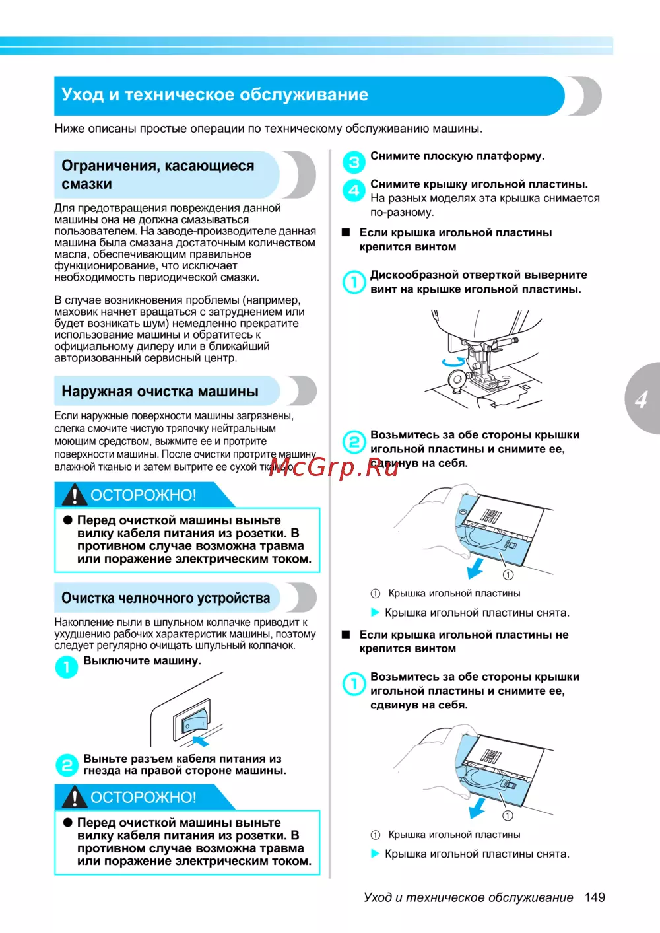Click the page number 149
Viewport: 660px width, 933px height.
(x=595, y=897)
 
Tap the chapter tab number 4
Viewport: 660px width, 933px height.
(x=642, y=399)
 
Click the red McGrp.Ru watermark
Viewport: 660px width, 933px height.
(x=333, y=467)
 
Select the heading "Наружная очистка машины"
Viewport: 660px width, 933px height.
(x=160, y=392)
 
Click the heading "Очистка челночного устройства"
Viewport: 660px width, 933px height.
(x=166, y=598)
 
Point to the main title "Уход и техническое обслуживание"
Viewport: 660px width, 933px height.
(x=214, y=95)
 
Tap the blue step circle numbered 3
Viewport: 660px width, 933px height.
(x=354, y=162)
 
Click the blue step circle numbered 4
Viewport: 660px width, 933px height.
(x=354, y=190)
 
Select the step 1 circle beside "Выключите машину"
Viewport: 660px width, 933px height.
(x=66, y=667)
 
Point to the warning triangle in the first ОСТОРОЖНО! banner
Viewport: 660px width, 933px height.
(x=75, y=495)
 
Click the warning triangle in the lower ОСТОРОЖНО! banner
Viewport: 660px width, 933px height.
(x=75, y=797)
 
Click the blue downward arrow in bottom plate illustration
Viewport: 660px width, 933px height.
(x=477, y=808)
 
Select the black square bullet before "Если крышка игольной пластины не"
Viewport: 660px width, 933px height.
(x=345, y=635)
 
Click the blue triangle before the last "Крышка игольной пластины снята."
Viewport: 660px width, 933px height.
(x=375, y=854)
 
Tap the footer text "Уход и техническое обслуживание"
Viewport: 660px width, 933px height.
(x=468, y=897)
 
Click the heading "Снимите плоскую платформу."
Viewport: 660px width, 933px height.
(x=457, y=156)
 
